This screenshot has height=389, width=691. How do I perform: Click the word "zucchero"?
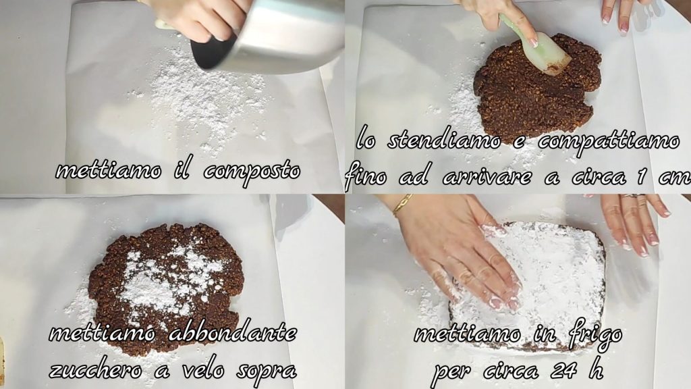[x=96, y=369]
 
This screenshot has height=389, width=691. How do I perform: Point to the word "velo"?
[x=204, y=369]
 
